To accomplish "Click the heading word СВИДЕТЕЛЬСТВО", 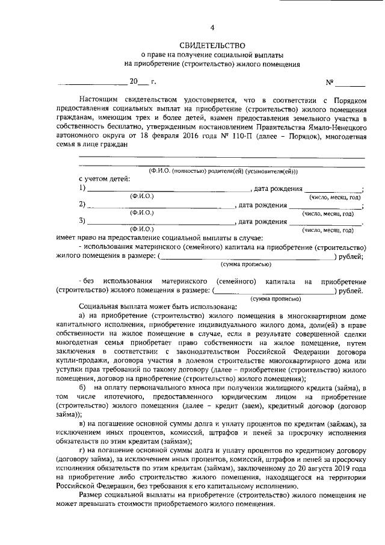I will click(212, 45).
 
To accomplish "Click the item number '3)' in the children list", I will click(82, 222).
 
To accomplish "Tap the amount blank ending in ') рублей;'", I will click(247, 257).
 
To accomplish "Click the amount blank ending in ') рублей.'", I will click(274, 291).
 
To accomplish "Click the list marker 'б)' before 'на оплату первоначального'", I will click(82, 386).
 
